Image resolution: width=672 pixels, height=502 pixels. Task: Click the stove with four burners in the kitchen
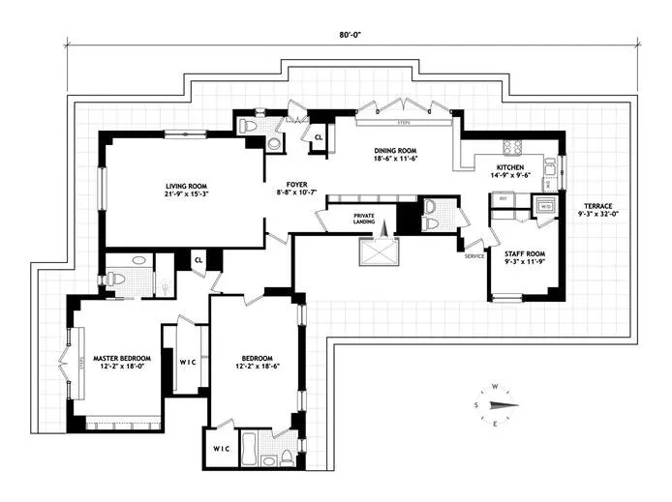tap(511, 148)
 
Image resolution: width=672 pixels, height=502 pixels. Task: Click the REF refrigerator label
tap(503, 197)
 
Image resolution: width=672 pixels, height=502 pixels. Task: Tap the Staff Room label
tap(524, 253)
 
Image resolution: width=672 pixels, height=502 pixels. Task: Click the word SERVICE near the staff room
tap(473, 255)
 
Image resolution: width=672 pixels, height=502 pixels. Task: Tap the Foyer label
tap(296, 184)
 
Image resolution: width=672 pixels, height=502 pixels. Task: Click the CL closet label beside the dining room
tap(318, 137)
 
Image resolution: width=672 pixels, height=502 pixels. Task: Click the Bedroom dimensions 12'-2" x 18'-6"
tap(257, 367)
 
